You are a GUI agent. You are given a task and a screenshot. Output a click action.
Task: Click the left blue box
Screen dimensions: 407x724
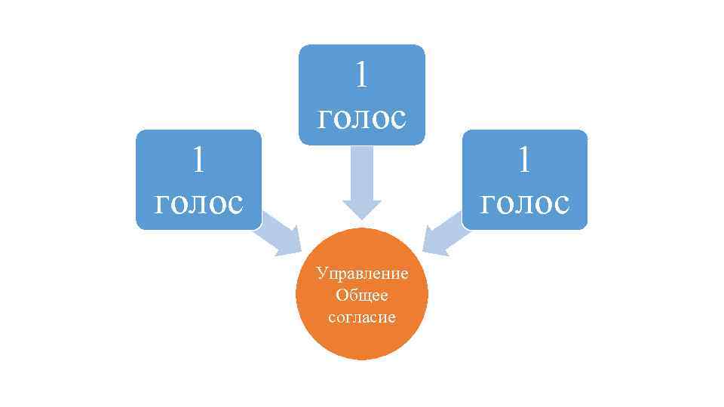[198, 179]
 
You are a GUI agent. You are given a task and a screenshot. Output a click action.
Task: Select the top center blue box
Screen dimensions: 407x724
[361, 94]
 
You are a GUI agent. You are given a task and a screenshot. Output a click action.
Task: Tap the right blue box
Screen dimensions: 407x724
[524, 179]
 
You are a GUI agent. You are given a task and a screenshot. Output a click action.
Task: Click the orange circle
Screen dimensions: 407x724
[362, 294]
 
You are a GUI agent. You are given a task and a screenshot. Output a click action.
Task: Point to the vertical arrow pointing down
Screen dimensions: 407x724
[362, 181]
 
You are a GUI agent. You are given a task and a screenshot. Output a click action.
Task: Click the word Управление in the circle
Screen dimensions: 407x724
[362, 273]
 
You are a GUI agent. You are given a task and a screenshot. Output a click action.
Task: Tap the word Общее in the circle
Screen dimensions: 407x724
[362, 295]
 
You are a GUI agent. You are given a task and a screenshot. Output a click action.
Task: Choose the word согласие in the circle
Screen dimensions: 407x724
[362, 317]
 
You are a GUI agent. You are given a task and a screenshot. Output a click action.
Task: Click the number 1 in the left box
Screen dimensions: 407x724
[199, 158]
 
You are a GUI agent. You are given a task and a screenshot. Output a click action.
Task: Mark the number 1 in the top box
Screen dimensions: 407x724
[362, 74]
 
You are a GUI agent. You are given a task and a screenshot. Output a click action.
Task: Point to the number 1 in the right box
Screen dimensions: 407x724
[525, 158]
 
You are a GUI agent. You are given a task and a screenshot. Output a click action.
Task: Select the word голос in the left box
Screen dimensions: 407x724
[198, 202]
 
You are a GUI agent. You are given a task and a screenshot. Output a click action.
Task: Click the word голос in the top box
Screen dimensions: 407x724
[362, 117]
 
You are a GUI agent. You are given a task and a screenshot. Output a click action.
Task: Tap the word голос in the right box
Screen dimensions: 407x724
[525, 202]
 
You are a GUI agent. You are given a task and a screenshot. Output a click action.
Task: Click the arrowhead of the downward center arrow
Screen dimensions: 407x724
[362, 209]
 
